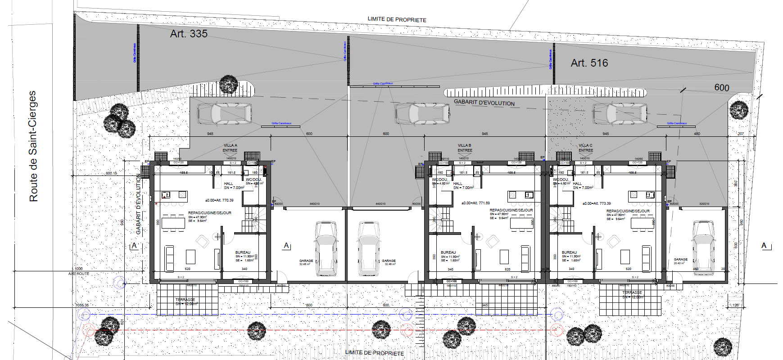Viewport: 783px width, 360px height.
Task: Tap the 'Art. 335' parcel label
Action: point(189,34)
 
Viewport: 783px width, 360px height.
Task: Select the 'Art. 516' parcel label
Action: point(589,63)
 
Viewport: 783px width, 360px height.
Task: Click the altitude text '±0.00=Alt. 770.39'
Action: point(219,200)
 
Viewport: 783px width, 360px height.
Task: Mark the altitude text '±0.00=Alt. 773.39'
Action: point(597,203)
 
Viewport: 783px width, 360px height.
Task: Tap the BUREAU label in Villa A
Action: point(243,252)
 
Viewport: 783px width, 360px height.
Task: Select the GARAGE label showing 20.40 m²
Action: point(680,260)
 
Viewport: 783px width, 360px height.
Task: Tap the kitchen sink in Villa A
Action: point(166,195)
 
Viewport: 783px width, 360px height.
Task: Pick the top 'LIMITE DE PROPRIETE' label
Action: point(397,19)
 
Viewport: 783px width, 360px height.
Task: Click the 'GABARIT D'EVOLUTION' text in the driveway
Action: point(484,103)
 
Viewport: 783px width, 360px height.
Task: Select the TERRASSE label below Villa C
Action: point(632,292)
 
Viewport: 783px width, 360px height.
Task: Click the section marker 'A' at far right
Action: point(764,245)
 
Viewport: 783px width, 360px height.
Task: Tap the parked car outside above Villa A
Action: point(224,114)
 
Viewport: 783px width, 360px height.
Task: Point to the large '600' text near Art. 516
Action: point(721,88)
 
